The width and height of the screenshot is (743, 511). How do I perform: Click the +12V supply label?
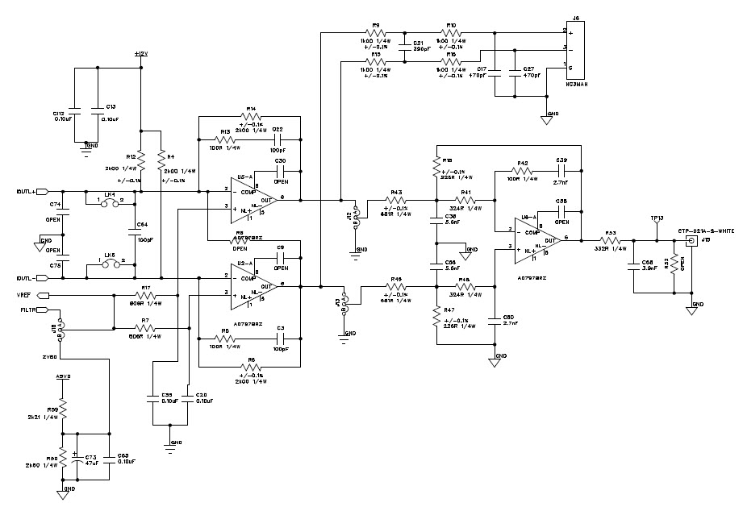click(x=141, y=53)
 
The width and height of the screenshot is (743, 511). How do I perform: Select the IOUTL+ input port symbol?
click(x=43, y=191)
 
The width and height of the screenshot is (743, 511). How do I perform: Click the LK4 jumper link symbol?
click(x=111, y=204)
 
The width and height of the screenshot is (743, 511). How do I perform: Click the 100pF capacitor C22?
click(x=278, y=139)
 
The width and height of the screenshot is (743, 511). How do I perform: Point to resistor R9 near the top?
click(x=375, y=33)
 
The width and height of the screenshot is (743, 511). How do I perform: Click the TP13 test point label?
click(x=657, y=218)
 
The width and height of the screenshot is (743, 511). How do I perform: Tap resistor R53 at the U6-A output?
click(x=611, y=239)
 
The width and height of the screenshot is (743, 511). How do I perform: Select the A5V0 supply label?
click(x=64, y=376)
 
